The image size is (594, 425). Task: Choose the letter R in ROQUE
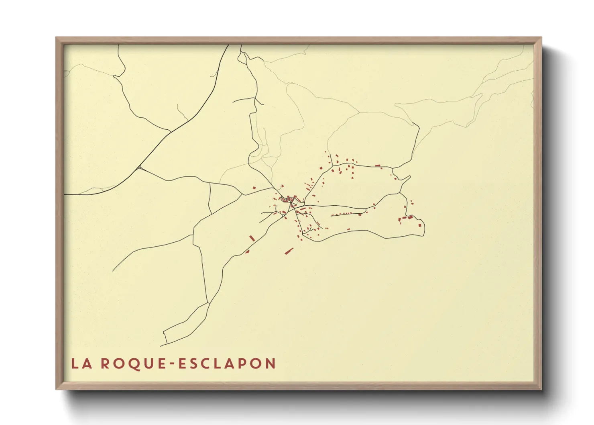pyautogui.click(x=105, y=364)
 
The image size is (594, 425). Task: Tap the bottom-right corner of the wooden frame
pyautogui.click(x=541, y=389)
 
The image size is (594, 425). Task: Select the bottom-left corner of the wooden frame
pyautogui.click(x=57, y=389)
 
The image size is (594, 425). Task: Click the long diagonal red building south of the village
pyautogui.click(x=289, y=251)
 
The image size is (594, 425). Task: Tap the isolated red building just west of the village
pyautogui.click(x=254, y=187)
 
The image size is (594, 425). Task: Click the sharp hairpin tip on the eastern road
pyautogui.click(x=410, y=176)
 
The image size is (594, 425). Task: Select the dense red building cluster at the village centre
pyautogui.click(x=290, y=200)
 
